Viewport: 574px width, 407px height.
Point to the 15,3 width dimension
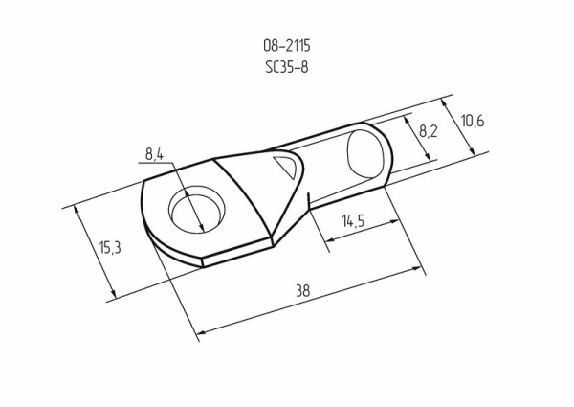110,247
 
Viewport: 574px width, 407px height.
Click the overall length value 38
302,290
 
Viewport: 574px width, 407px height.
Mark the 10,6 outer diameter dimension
473,122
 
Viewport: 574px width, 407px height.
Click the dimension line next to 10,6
462,128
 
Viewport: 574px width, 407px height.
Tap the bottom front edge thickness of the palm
239,253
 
